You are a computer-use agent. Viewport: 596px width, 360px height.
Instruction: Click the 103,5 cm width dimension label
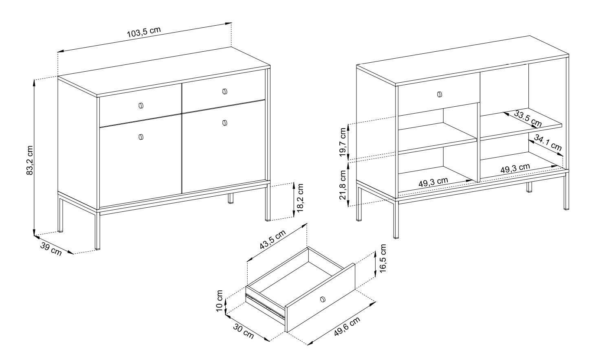tap(144, 32)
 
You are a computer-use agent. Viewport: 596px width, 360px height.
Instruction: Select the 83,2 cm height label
tap(30, 160)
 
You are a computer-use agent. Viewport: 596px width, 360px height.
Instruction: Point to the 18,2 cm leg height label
tap(300, 198)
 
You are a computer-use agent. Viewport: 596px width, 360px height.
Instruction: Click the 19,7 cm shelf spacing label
tap(343, 143)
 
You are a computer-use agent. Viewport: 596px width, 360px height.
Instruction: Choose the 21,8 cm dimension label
tap(343, 185)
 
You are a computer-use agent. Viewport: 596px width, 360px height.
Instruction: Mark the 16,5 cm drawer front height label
tap(383, 258)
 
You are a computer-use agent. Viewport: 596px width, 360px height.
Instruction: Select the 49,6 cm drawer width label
tap(347, 327)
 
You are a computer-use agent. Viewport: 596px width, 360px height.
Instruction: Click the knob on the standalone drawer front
tap(323, 299)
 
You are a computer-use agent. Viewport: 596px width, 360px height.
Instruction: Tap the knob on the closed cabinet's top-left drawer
tap(141, 105)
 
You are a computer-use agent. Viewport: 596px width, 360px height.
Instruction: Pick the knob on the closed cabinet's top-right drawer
tap(225, 92)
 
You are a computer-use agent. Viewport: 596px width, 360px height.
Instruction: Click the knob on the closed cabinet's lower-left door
tap(141, 137)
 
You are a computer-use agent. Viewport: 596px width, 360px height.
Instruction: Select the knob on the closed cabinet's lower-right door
tap(225, 123)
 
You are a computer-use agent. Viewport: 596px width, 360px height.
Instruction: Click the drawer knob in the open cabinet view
tap(440, 94)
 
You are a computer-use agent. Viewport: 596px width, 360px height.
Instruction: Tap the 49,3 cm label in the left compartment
tap(433, 182)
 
